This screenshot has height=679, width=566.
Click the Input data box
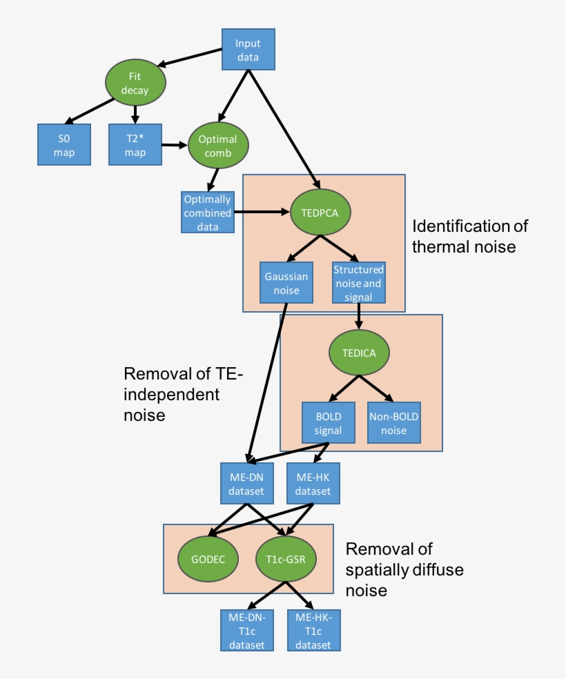click(x=248, y=49)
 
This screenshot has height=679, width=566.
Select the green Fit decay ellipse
click(x=135, y=83)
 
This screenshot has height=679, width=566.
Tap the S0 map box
click(x=64, y=144)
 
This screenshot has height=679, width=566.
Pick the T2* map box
click(x=135, y=144)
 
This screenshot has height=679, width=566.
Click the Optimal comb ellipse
click(x=218, y=146)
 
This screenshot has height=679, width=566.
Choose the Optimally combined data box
click(x=207, y=212)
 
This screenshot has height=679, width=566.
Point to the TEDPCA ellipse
click(x=320, y=212)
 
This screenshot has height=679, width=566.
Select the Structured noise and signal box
click(x=358, y=282)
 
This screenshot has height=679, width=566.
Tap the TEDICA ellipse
click(x=359, y=353)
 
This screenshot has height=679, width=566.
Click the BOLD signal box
click(x=328, y=423)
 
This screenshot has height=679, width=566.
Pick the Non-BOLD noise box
click(x=394, y=423)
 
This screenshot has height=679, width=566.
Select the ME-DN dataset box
click(x=246, y=484)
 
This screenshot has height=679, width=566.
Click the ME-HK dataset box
click(x=313, y=484)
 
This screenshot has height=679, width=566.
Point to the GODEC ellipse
click(x=208, y=558)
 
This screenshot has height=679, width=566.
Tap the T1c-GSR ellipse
click(x=285, y=558)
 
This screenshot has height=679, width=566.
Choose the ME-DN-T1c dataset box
click(x=246, y=630)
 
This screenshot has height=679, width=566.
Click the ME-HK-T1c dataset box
click(x=314, y=630)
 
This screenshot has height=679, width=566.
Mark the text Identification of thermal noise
click(x=469, y=236)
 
